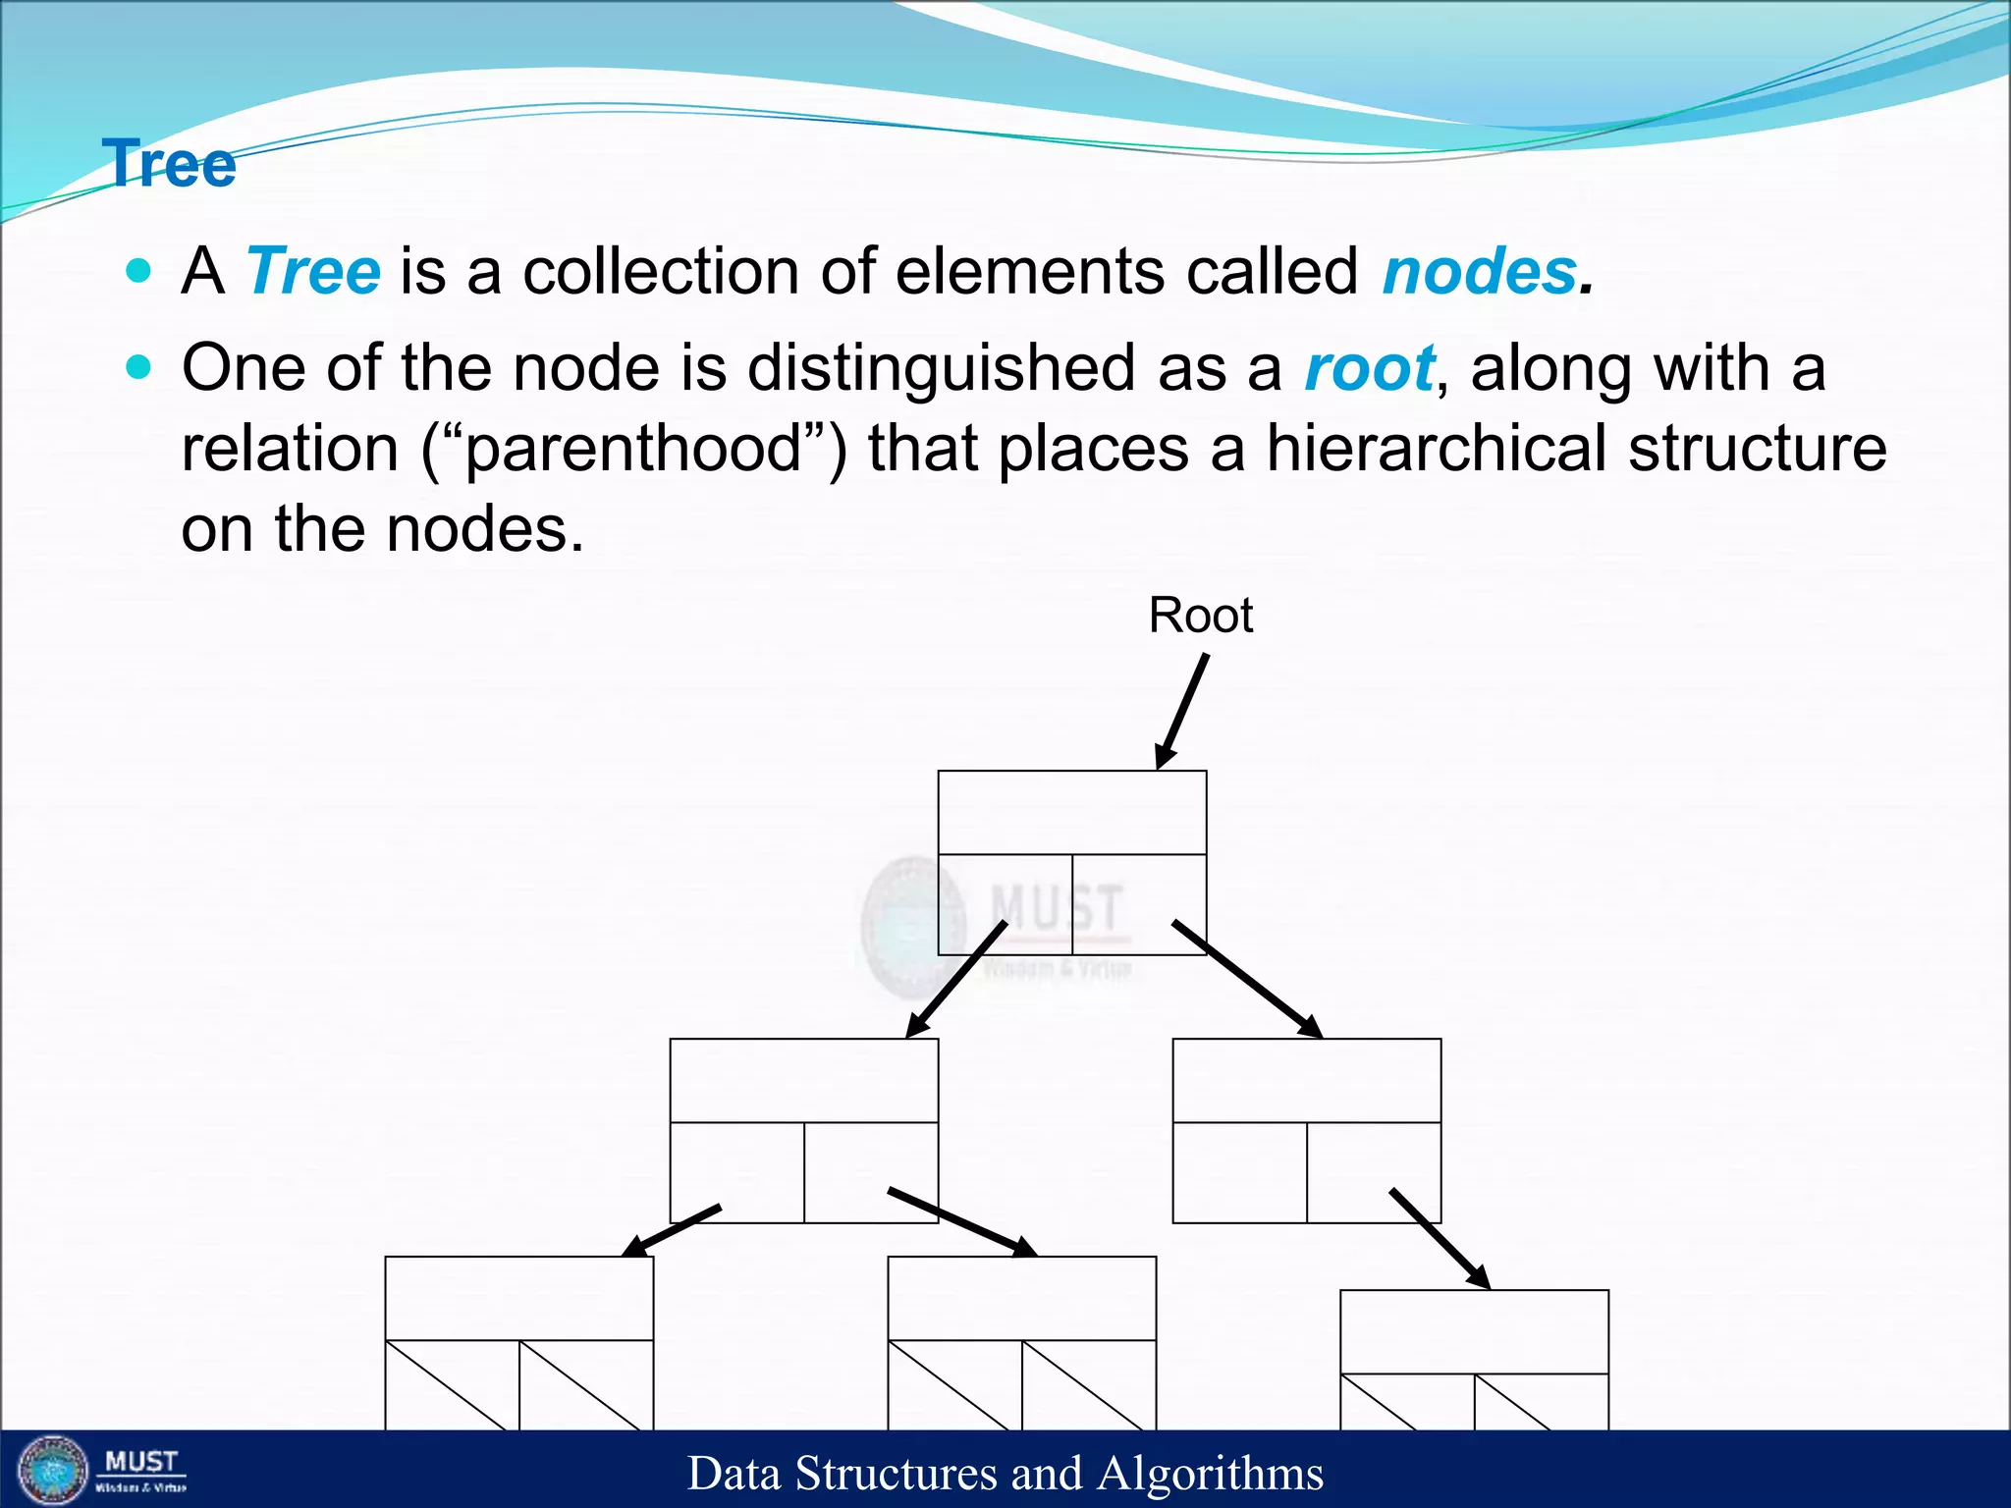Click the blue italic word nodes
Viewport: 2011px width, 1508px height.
(1479, 271)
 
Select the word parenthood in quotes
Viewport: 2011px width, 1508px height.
(633, 449)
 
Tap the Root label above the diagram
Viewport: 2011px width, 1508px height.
(1201, 616)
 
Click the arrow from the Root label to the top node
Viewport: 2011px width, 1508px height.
(1181, 712)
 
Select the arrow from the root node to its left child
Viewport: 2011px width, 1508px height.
(955, 979)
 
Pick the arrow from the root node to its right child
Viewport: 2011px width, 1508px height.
(1247, 979)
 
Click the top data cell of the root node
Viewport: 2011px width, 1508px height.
(1072, 813)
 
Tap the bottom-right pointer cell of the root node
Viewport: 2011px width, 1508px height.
(1139, 904)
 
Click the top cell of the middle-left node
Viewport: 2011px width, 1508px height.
(804, 1081)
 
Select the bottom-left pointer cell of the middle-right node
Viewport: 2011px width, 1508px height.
(1240, 1172)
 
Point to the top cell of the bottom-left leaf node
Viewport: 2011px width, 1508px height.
(519, 1298)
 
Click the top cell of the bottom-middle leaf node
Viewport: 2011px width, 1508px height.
(1022, 1298)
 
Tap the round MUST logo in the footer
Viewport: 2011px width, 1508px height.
(53, 1470)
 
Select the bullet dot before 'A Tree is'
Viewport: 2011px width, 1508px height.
(139, 270)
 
